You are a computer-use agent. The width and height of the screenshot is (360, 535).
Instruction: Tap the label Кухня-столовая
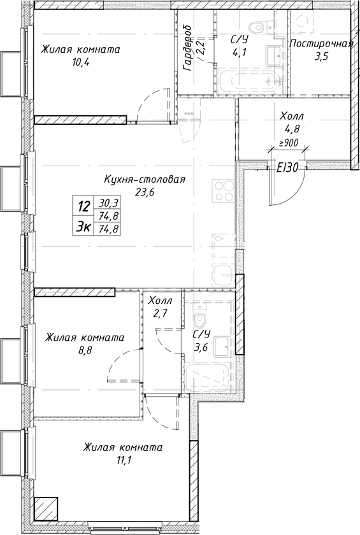pos(145,180)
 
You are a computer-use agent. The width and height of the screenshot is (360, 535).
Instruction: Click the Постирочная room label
pos(320,44)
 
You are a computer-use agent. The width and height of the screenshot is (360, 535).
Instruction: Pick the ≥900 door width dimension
pos(289,143)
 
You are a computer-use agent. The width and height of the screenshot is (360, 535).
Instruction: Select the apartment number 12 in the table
pos(83,207)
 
